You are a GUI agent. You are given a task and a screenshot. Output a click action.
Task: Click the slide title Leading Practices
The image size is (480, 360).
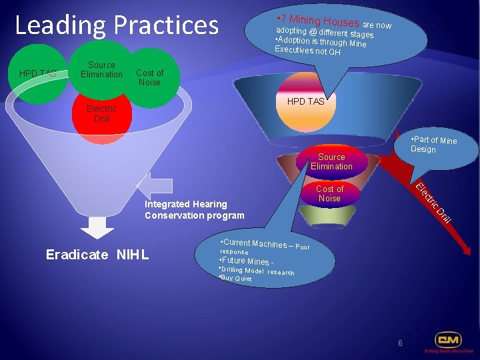pos(117,25)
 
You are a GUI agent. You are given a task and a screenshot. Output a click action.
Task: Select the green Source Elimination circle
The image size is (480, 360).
pos(101,70)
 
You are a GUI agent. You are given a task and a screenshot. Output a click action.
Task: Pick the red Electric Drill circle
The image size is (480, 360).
pos(102,113)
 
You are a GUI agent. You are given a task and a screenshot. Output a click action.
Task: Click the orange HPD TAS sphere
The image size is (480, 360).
pos(305,101)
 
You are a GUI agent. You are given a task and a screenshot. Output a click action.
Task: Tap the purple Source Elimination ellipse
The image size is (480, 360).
pos(331,162)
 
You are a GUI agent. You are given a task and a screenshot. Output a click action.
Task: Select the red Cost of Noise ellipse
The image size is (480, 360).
pos(329,194)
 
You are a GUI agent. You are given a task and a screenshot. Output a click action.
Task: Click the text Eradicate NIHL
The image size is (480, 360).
pos(97,255)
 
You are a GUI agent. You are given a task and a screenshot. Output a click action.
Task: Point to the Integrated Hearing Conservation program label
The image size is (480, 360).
pos(194,209)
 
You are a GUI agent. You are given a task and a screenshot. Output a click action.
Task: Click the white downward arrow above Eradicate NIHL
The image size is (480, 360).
pos(97,230)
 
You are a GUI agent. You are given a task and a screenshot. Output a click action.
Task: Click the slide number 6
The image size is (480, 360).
pos(400,343)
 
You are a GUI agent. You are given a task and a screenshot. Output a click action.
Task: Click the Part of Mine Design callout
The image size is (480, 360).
pos(434,144)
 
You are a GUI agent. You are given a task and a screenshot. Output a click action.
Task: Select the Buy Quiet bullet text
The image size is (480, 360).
pos(235,278)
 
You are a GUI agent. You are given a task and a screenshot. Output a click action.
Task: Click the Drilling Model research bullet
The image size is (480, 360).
pos(257,271)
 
